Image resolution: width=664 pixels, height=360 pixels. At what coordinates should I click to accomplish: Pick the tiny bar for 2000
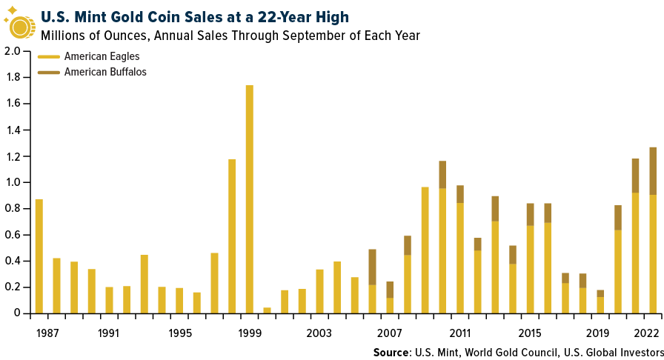tap(267, 310)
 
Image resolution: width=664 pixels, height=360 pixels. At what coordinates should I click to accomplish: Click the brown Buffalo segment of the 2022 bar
tap(653, 171)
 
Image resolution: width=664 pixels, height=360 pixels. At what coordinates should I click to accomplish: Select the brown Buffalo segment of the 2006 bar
tap(372, 267)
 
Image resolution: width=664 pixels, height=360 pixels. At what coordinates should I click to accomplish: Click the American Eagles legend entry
tap(102, 56)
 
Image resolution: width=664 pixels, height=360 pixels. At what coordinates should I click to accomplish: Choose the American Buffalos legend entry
tap(104, 72)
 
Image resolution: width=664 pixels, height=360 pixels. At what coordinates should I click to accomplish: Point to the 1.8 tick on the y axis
tap(12, 78)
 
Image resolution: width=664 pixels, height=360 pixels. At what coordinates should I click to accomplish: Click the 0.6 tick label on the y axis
tap(12, 235)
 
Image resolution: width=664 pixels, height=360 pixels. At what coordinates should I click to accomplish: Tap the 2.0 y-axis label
tap(12, 52)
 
